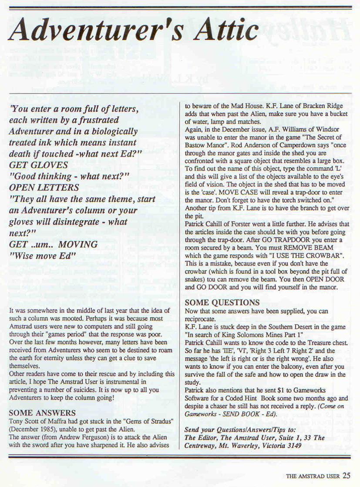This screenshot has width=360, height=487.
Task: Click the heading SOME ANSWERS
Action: point(42,412)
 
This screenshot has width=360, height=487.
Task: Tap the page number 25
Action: point(347,475)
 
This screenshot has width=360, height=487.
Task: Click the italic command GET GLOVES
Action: point(38,165)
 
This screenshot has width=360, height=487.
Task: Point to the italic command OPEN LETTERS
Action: point(44,188)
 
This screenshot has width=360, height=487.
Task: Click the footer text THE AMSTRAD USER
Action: point(313,476)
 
